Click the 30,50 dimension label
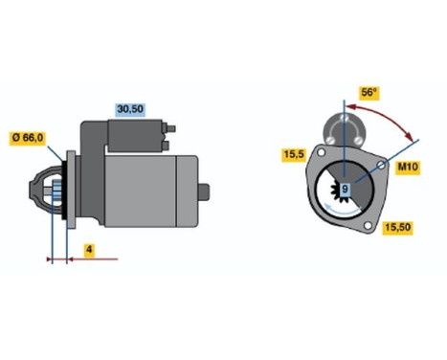[131, 110]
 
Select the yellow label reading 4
[87, 250]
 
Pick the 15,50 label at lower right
[397, 227]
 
